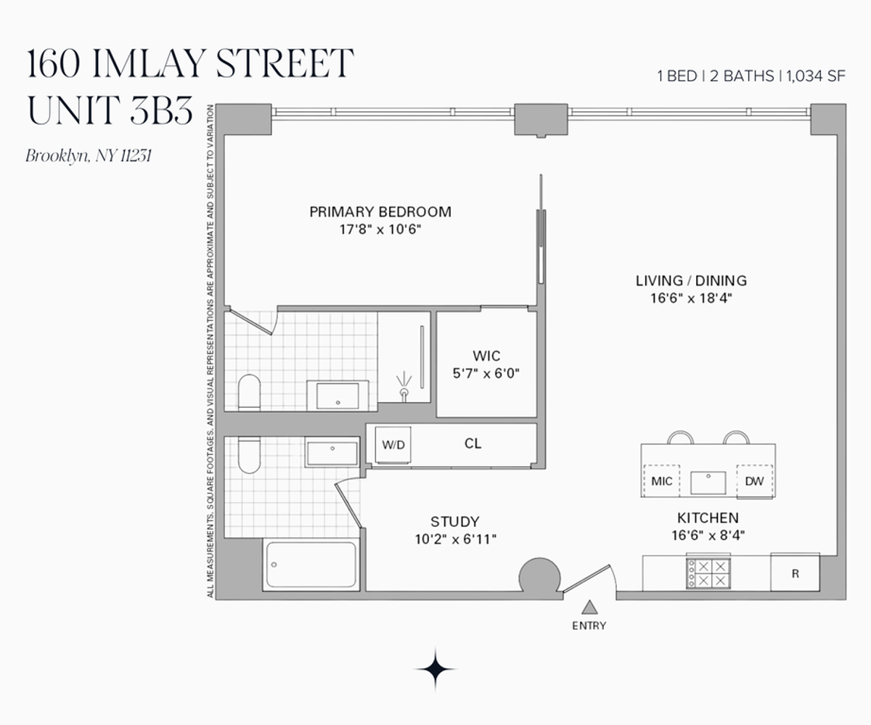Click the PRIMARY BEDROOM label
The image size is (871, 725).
click(x=380, y=212)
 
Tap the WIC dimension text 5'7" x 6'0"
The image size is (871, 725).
click(x=486, y=374)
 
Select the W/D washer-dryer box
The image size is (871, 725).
click(x=393, y=445)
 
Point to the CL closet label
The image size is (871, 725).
click(x=473, y=444)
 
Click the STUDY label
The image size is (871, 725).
click(x=454, y=522)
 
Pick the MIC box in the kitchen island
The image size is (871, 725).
click(x=661, y=480)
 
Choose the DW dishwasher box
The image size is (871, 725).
click(x=754, y=480)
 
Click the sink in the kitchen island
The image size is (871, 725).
click(x=708, y=482)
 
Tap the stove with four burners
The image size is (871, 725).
click(x=708, y=573)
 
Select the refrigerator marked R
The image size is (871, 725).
click(x=795, y=573)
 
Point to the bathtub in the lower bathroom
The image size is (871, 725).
click(x=311, y=565)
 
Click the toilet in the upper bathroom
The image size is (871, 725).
click(x=249, y=392)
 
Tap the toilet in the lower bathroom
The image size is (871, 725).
click(x=249, y=454)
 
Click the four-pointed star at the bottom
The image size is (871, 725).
click(x=435, y=668)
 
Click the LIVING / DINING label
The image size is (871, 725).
click(x=690, y=281)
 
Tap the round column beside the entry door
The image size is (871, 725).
click(x=540, y=577)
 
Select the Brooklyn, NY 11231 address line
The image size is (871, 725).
click(x=88, y=155)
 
